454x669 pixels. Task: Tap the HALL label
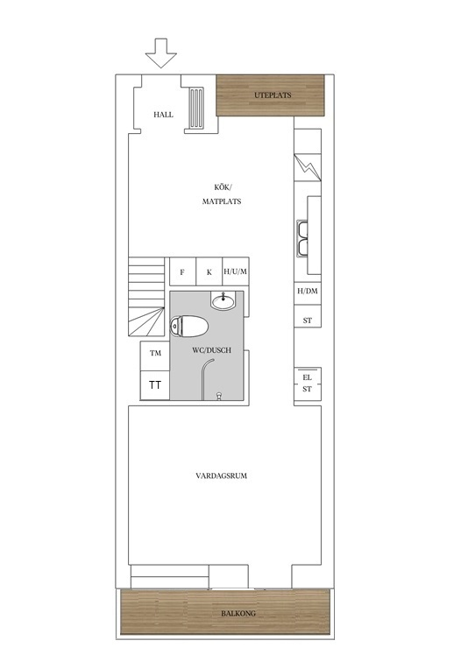pyautogui.click(x=163, y=115)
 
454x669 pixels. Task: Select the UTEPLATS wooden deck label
pyautogui.click(x=273, y=95)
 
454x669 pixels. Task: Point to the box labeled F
pyautogui.click(x=182, y=272)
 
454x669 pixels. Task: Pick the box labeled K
pyautogui.click(x=209, y=272)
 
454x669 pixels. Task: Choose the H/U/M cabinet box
pyautogui.click(x=236, y=272)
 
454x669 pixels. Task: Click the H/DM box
pyautogui.click(x=307, y=292)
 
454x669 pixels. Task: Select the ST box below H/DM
pyautogui.click(x=307, y=320)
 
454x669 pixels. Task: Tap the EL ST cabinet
pyautogui.click(x=307, y=384)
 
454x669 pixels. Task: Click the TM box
pyautogui.click(x=155, y=354)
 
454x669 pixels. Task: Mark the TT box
pyautogui.click(x=155, y=384)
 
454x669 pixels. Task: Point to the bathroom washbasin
pyautogui.click(x=223, y=303)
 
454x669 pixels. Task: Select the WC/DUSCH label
pyautogui.click(x=210, y=349)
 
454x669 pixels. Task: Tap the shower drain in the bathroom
pyautogui.click(x=217, y=396)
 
